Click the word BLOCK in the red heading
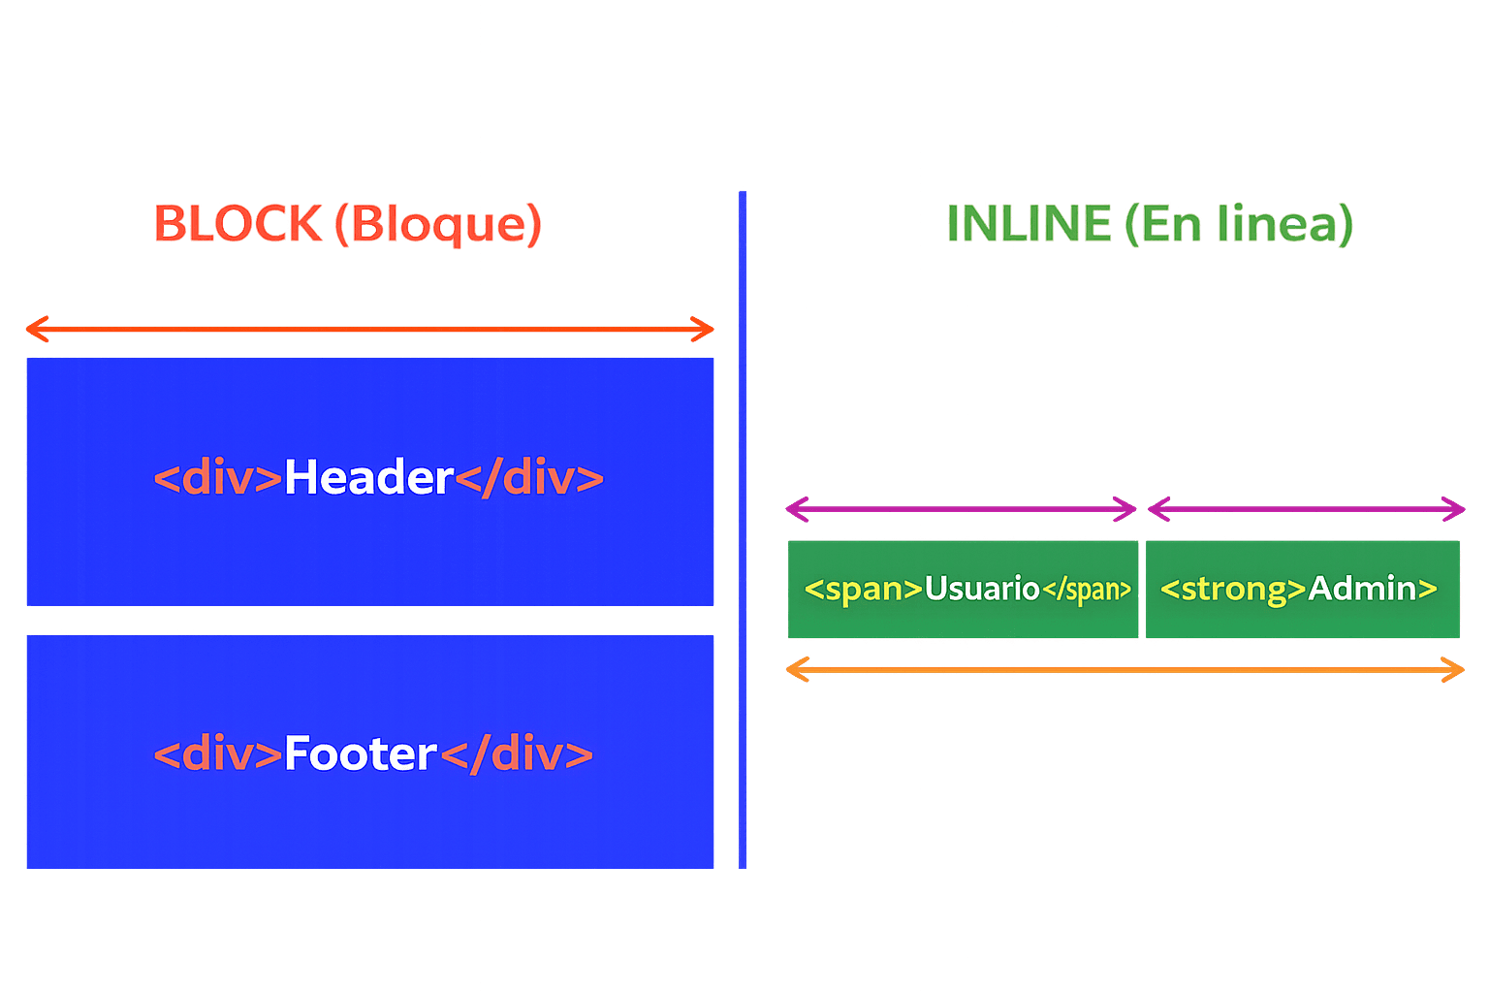(238, 224)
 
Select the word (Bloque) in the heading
(438, 224)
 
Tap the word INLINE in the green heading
(1029, 224)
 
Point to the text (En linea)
(1238, 224)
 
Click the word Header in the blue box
(368, 478)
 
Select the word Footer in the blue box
(361, 754)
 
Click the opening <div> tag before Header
(218, 478)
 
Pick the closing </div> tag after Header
(529, 478)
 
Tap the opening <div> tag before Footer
(218, 754)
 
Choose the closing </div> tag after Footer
(517, 754)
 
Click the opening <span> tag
(864, 589)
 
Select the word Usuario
(982, 589)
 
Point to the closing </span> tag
(1087, 590)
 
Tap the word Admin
(1362, 589)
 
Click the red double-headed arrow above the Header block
(369, 330)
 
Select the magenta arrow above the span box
(961, 508)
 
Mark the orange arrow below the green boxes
(1125, 669)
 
